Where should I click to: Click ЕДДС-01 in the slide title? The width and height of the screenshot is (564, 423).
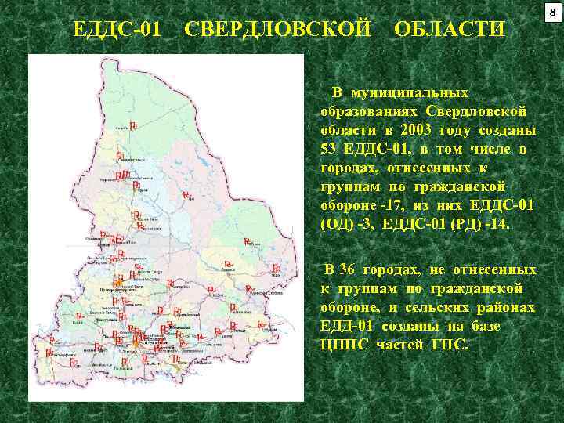point(117,30)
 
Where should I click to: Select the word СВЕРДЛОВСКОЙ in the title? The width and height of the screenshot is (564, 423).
point(277,30)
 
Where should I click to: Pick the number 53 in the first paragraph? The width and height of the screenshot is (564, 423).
point(328,149)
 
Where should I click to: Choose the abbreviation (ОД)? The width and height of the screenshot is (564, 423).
point(337,224)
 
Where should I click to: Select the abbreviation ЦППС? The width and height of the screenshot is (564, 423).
point(345,345)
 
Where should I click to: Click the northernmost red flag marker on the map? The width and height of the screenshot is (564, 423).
point(133,125)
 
